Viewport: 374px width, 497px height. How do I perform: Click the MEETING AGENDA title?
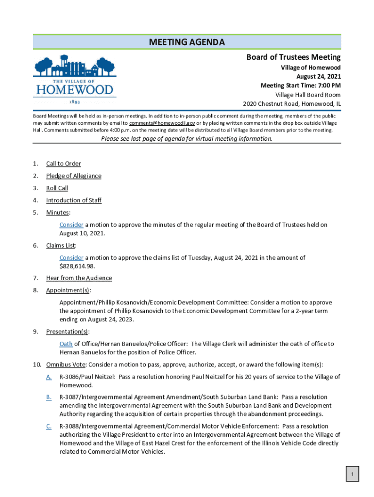tap(187, 42)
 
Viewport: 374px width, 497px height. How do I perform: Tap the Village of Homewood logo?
tap(74, 81)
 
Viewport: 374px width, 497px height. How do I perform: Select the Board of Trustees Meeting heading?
tap(293, 57)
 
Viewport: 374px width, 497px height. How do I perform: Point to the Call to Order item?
tap(64, 164)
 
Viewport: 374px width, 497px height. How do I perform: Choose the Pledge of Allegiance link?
tap(74, 176)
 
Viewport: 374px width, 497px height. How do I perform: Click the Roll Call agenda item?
tap(57, 188)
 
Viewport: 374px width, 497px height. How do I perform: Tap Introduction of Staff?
tap(74, 200)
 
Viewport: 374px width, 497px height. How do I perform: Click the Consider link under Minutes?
tap(71, 225)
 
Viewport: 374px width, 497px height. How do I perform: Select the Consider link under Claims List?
tap(71, 258)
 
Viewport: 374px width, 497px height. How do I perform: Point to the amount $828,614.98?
tap(77, 266)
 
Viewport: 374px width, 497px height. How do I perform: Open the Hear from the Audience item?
tap(79, 278)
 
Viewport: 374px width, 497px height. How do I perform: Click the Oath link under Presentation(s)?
tap(66, 344)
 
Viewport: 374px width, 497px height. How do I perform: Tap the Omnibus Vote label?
tap(66, 364)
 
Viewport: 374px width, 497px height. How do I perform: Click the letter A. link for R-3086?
tap(49, 377)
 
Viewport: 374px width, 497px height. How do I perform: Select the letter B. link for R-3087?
tap(49, 397)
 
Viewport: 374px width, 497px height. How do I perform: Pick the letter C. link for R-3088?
tap(49, 426)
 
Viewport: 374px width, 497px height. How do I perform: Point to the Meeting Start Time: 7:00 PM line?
tap(300, 85)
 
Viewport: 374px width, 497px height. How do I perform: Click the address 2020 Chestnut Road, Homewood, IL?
tap(291, 104)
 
